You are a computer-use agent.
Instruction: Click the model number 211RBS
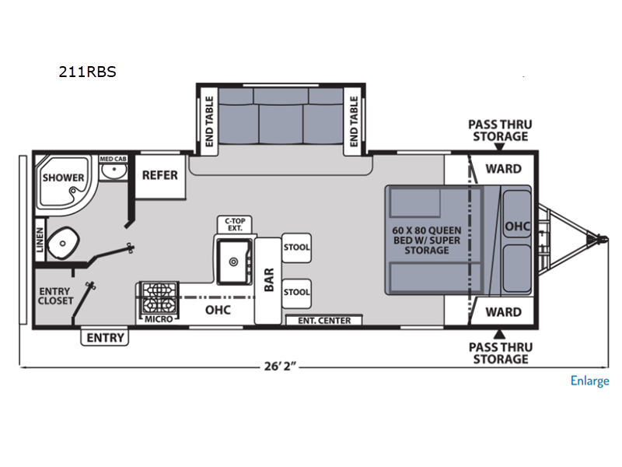[x=87, y=72]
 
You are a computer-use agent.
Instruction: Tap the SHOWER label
[x=63, y=177]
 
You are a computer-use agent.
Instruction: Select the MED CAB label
[x=113, y=159]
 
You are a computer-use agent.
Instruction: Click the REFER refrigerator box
[x=160, y=177]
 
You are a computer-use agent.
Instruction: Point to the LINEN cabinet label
[x=40, y=240]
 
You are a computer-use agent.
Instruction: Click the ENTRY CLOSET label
[x=55, y=297]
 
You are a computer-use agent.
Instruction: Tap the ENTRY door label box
[x=105, y=338]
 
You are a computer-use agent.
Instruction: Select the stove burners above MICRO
[x=159, y=297]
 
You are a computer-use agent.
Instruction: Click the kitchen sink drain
[x=234, y=262]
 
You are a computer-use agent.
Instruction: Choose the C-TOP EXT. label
[x=235, y=225]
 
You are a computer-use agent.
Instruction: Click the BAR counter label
[x=269, y=279]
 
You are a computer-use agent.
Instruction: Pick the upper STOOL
[x=296, y=248]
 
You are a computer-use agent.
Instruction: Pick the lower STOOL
[x=296, y=293]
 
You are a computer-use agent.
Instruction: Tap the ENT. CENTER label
[x=324, y=321]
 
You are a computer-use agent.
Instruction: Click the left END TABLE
[x=208, y=121]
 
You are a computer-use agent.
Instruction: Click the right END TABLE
[x=353, y=121]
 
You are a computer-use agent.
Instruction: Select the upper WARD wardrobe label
[x=503, y=169]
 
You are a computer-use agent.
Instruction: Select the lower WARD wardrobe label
[x=503, y=312]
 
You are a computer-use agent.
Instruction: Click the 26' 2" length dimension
[x=280, y=366]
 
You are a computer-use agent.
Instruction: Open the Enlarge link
[x=590, y=381]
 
